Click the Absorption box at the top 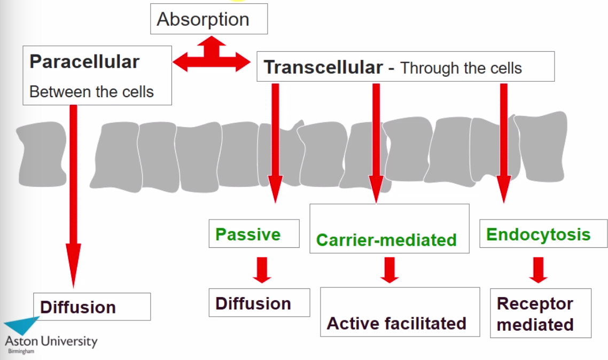tap(209, 19)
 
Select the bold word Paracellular tap(84, 61)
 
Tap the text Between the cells tap(91, 92)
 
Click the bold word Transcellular tap(323, 67)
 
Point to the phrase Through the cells tap(461, 68)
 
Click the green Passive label tap(248, 234)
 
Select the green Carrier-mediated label tap(386, 240)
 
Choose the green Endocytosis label tap(538, 234)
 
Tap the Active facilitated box tap(397, 323)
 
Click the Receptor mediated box tap(536, 314)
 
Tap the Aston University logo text tap(51, 341)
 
